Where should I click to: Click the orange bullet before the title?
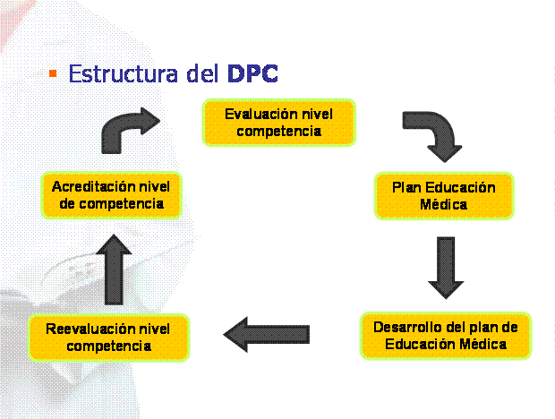(x=53, y=73)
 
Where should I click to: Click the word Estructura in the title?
(x=124, y=73)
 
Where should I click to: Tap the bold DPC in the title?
(x=252, y=73)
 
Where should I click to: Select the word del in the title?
(x=202, y=73)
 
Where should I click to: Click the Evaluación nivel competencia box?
(x=279, y=123)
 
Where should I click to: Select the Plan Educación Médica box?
(x=444, y=196)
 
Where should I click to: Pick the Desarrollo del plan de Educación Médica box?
(x=446, y=336)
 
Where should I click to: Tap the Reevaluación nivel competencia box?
(x=109, y=338)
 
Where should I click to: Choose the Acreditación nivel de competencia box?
(x=111, y=195)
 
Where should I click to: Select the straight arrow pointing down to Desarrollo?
(x=446, y=268)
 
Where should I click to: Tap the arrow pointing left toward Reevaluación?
(x=267, y=335)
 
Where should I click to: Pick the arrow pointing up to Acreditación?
(x=114, y=269)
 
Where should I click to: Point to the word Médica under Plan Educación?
(x=443, y=204)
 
